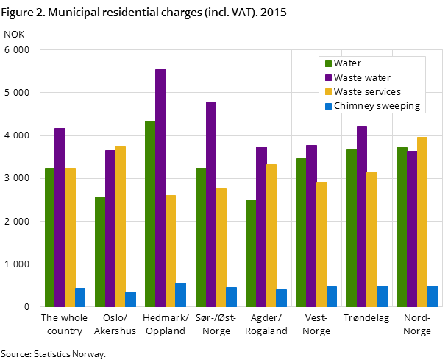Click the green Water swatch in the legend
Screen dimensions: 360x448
click(x=329, y=64)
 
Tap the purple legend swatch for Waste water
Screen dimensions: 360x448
click(x=329, y=78)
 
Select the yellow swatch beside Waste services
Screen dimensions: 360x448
click(x=329, y=92)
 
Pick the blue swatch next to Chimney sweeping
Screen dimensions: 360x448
click(x=329, y=106)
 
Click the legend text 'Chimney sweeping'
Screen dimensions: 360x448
click(x=377, y=106)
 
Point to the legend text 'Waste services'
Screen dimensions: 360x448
click(x=367, y=92)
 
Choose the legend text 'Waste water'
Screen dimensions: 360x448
click(x=362, y=78)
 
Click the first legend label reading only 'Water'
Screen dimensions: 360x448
click(x=347, y=64)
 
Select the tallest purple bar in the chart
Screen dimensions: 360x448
click(x=160, y=188)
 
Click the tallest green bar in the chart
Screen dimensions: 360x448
click(x=150, y=213)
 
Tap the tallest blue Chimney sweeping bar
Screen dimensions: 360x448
click(x=180, y=294)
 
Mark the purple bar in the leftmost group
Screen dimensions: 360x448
click(x=60, y=217)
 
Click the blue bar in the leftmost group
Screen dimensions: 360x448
click(x=80, y=297)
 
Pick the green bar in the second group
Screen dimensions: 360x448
click(x=100, y=251)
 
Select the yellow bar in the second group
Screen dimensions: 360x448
click(x=120, y=226)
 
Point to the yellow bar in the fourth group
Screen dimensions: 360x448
click(x=221, y=247)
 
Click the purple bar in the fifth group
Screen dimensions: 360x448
click(x=261, y=226)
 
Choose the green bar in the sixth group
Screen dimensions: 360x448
click(x=301, y=232)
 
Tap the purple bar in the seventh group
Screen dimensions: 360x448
click(x=361, y=216)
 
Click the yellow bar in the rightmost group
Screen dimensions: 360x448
click(x=422, y=222)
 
